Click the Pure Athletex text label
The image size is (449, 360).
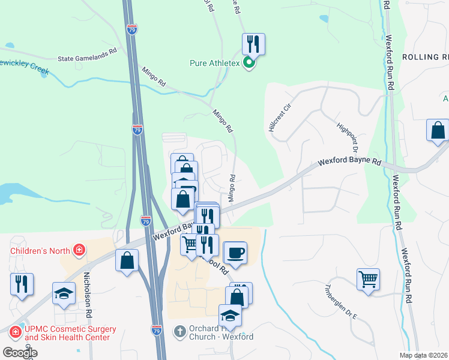coord(215,63)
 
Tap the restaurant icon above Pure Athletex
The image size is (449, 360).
coord(253,44)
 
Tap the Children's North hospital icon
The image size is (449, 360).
coord(77,249)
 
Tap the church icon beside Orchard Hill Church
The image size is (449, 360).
coord(178,331)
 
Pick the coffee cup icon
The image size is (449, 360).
coord(235,252)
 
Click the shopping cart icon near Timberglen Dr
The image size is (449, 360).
coord(368,278)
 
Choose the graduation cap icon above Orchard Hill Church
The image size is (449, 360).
coord(230,315)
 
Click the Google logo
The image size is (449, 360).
coord(19,353)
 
